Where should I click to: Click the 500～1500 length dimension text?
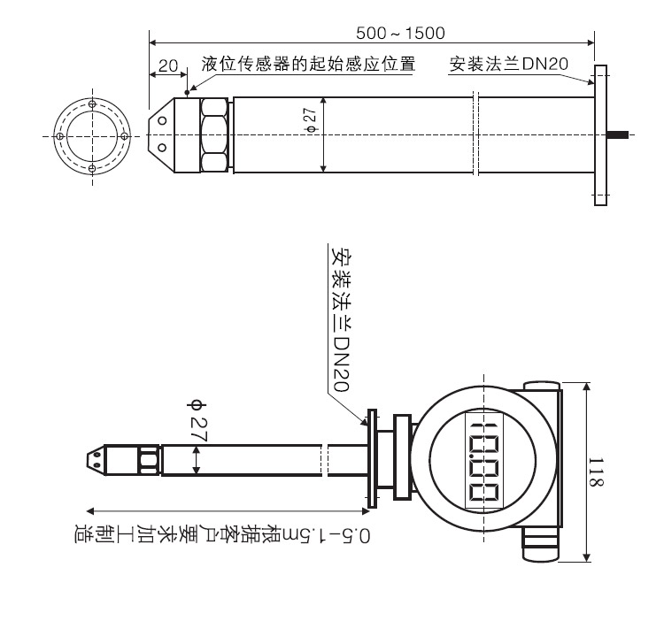click(x=400, y=33)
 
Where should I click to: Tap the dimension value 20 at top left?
click(x=168, y=65)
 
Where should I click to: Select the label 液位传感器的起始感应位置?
click(x=308, y=65)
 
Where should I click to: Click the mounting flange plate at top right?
click(x=601, y=134)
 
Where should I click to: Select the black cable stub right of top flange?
click(x=619, y=134)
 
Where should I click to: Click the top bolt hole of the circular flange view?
click(x=93, y=103)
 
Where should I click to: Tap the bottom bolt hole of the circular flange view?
click(x=93, y=168)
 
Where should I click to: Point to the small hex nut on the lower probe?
click(x=143, y=459)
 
